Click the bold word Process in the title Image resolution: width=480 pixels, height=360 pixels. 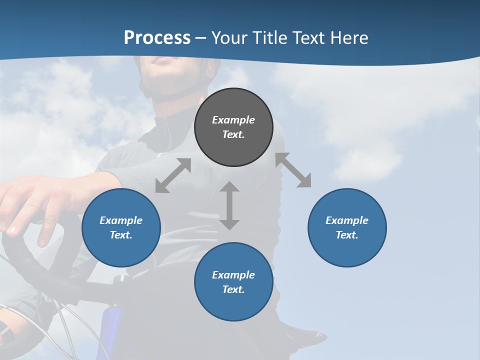point(157,38)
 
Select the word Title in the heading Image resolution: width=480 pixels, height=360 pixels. point(268,38)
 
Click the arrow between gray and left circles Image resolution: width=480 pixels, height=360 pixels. point(173,175)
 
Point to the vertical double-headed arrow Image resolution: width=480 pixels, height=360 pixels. point(229,205)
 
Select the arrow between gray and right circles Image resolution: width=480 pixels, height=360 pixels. point(293,170)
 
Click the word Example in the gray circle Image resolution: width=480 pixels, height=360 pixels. point(233,120)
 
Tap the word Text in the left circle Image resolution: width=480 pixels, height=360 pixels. point(121,235)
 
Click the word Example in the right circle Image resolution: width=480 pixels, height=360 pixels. point(347,220)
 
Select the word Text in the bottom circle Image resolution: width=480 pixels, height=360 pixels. point(233,289)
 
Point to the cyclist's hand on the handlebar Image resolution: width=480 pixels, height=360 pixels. point(30,205)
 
